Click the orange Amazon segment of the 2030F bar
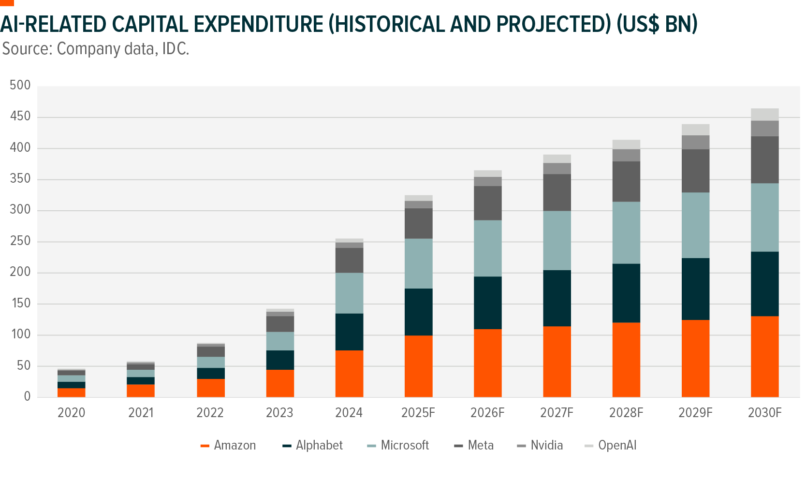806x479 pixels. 764,357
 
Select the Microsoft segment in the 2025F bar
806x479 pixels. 418,263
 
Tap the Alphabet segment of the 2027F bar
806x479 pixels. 557,298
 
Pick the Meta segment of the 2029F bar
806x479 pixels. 695,171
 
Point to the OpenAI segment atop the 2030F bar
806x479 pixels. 764,115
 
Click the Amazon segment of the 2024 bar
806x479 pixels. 349,374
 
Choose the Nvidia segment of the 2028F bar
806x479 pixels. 626,155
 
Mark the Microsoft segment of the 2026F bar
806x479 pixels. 487,248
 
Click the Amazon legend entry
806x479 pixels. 228,445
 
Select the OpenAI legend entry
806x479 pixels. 611,445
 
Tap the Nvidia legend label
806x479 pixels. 546,445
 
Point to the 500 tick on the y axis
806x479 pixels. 20,86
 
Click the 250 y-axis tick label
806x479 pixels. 20,241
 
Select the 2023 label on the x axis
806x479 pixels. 279,412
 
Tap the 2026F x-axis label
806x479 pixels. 487,412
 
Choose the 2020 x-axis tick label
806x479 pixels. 72,412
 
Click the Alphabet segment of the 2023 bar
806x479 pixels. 280,360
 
